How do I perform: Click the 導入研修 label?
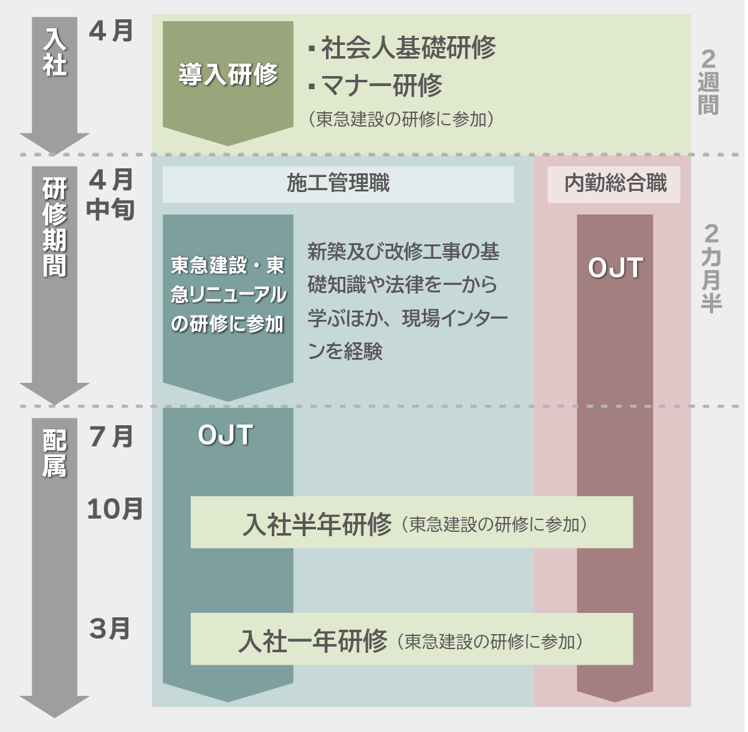coord(228,74)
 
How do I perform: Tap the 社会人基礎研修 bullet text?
coord(402,48)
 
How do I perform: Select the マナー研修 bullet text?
coord(375,85)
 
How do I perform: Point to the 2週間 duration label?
coord(708,82)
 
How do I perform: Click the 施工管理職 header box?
coord(338,184)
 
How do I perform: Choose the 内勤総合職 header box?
coord(613,184)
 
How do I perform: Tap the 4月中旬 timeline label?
coord(111,195)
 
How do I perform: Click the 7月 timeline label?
coord(111,436)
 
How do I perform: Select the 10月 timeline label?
coord(115,509)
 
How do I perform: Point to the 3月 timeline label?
coord(110,628)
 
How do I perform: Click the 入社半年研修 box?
coord(411,522)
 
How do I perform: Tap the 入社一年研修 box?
coord(411,638)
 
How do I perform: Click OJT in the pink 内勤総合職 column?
coord(615,267)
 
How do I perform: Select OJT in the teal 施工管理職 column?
coord(226,435)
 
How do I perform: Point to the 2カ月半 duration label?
coord(711,268)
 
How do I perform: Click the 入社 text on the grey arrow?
coord(55,52)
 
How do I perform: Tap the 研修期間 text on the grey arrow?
coord(55,227)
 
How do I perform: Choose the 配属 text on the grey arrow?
coord(55,453)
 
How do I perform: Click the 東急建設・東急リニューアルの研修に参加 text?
coord(228,294)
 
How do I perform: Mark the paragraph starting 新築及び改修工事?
coord(408,301)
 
